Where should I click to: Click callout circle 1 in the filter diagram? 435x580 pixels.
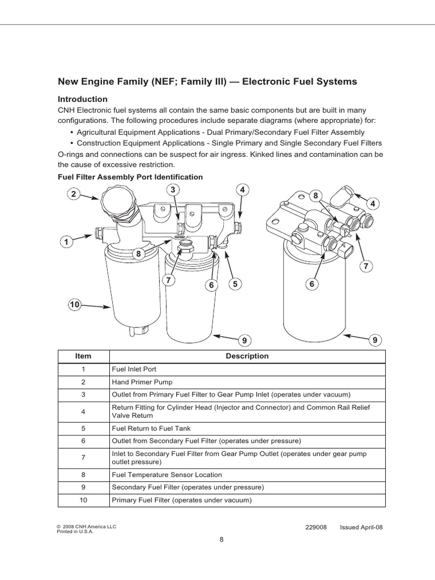coord(66,242)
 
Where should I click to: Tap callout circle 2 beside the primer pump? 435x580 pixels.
coord(72,194)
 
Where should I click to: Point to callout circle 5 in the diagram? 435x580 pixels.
coord(233,283)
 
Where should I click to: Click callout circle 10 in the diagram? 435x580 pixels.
coord(74,305)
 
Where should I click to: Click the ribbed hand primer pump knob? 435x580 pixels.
coord(118,203)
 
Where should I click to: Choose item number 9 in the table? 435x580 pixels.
coord(83,487)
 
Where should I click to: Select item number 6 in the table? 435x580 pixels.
coord(83,440)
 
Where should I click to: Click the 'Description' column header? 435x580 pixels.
coord(247,356)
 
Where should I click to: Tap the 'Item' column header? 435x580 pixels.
coord(83,356)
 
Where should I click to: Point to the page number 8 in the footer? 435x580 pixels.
coord(221,539)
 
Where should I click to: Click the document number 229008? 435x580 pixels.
coord(316,527)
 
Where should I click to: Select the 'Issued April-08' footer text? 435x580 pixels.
coord(361,527)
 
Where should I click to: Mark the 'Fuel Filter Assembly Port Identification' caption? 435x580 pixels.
coord(130,177)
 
